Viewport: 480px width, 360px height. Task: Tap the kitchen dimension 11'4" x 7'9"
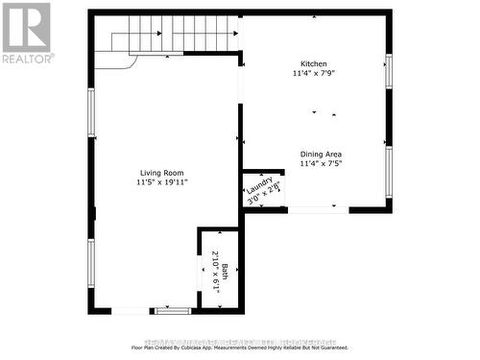[316, 74]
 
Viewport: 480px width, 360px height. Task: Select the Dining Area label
[321, 154]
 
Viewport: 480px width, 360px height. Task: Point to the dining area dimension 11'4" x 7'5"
[321, 164]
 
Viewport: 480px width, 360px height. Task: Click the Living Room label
[160, 173]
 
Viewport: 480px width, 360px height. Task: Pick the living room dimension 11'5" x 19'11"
[160, 183]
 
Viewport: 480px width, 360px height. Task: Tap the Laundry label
[260, 183]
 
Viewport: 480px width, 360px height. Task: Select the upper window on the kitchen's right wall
[389, 73]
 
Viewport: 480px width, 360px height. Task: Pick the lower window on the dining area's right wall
[389, 171]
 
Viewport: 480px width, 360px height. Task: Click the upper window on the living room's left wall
[91, 112]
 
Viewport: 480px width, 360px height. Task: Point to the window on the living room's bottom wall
[173, 311]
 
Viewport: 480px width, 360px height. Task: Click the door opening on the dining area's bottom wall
[313, 209]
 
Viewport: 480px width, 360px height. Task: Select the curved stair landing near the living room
[115, 60]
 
